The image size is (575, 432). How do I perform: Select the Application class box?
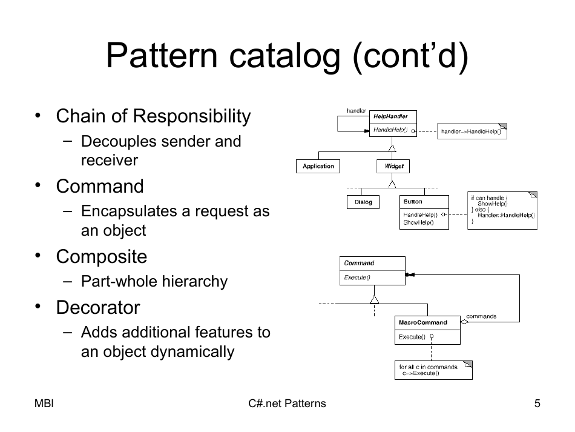click(318, 166)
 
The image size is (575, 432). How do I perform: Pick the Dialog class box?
click(363, 202)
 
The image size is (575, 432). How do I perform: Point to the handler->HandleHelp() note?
click(471, 131)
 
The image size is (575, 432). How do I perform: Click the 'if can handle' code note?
click(502, 210)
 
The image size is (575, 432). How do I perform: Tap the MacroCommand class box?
click(427, 330)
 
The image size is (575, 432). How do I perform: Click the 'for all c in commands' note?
click(433, 370)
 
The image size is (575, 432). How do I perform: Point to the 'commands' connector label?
click(481, 316)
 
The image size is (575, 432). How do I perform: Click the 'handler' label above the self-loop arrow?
click(356, 110)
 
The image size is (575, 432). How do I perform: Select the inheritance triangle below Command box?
click(374, 299)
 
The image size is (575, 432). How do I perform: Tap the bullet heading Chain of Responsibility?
click(153, 116)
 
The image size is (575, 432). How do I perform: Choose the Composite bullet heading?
click(102, 256)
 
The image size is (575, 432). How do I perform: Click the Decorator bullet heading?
click(98, 307)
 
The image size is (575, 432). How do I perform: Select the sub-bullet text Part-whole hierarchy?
click(154, 282)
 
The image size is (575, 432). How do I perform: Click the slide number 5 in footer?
click(537, 404)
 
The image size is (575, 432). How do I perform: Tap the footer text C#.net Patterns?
click(287, 404)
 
